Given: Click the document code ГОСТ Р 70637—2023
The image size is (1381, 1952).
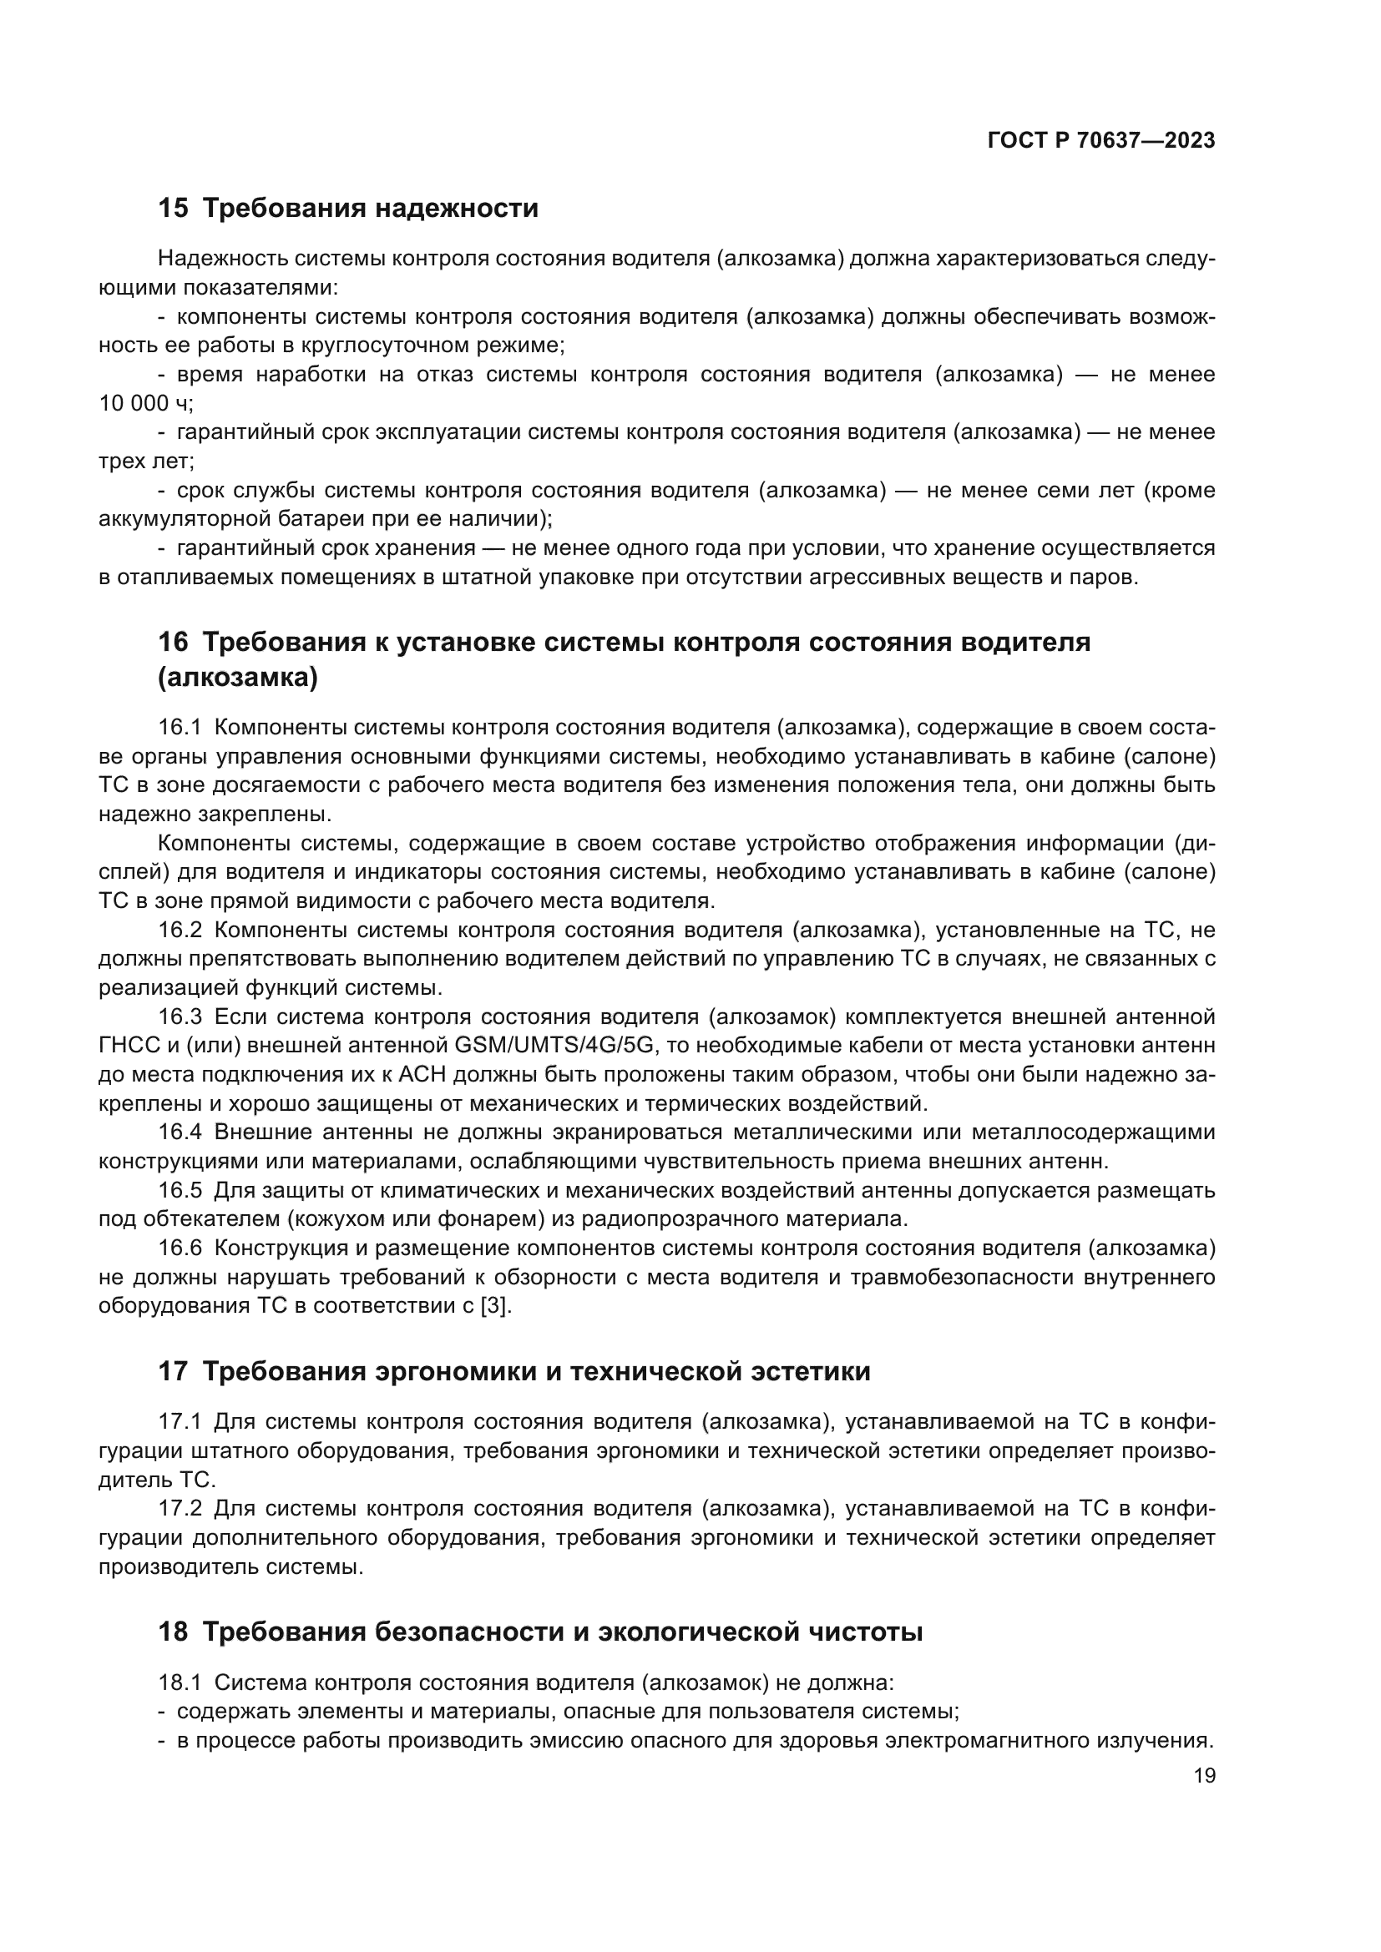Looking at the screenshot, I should pyautogui.click(x=1101, y=141).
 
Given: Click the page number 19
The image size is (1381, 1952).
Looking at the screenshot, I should pyautogui.click(x=1204, y=1776).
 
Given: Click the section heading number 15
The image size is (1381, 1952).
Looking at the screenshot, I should pyautogui.click(x=173, y=209).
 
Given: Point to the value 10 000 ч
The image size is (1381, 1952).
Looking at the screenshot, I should pyautogui.click(x=145, y=404).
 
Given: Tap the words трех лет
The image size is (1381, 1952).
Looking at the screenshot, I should pyautogui.click(x=145, y=462).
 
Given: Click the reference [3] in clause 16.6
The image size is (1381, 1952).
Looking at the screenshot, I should pyautogui.click(x=496, y=1306).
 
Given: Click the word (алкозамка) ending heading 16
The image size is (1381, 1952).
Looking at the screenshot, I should pyautogui.click(x=238, y=678).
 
